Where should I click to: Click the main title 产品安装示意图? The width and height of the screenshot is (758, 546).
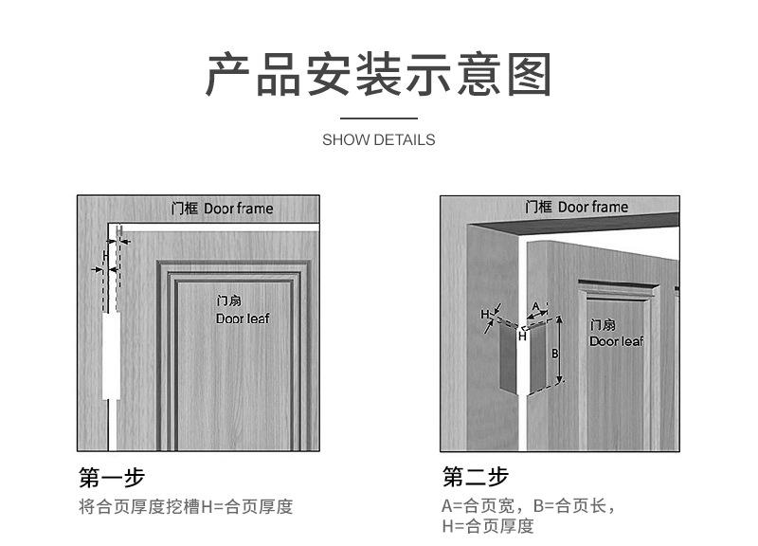click(378, 76)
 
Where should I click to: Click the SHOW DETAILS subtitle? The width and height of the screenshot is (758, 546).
click(378, 139)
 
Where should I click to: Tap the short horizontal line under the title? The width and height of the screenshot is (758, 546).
click(378, 118)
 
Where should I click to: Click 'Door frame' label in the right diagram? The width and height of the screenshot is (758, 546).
click(592, 207)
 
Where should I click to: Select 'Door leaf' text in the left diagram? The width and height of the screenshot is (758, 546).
click(243, 318)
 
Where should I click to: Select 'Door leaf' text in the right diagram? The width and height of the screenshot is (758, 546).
click(616, 341)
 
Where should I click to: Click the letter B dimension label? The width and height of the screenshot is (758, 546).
click(555, 351)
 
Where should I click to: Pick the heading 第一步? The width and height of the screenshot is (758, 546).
click(112, 476)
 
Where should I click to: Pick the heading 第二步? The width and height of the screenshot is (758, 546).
click(476, 476)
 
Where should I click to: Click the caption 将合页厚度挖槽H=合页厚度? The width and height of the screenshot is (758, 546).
click(186, 506)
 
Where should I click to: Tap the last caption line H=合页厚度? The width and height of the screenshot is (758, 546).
click(487, 526)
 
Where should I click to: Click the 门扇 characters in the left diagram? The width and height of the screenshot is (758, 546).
click(229, 300)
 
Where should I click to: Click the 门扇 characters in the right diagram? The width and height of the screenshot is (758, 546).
click(603, 324)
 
